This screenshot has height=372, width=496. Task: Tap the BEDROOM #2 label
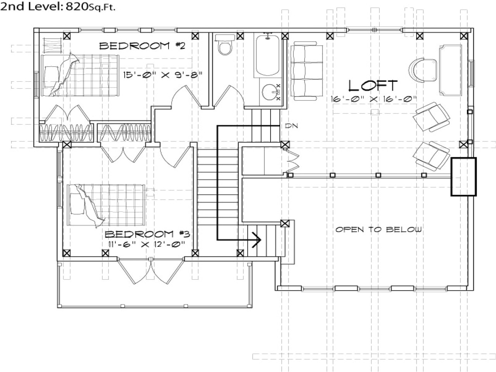[x=142, y=46]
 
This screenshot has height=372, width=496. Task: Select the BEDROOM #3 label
[x=147, y=234]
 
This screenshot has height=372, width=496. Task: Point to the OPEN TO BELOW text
[x=378, y=229]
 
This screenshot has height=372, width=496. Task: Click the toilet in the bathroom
[x=225, y=45]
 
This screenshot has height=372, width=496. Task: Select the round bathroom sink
[x=269, y=92]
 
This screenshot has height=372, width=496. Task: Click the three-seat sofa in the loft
[x=306, y=72]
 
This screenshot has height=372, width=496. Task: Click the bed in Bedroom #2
[x=79, y=75]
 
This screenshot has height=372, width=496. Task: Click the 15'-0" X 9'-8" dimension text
[x=163, y=74]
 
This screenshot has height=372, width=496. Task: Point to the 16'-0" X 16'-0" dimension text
[x=374, y=99]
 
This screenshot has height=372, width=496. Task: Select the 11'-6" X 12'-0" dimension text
[x=146, y=244]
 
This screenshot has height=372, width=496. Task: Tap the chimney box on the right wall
[x=463, y=177]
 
